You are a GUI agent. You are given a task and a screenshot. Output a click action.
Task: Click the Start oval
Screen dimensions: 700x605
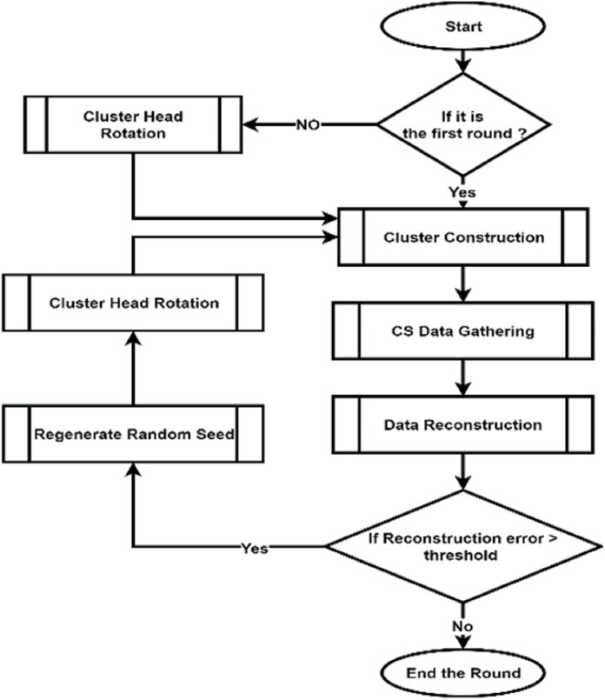pyautogui.click(x=463, y=26)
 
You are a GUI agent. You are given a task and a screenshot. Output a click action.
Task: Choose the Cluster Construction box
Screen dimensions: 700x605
pyautogui.click(x=463, y=236)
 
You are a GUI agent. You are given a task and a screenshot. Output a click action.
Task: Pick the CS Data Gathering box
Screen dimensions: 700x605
pyautogui.click(x=463, y=331)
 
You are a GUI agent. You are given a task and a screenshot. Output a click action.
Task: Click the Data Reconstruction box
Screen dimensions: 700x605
pyautogui.click(x=463, y=425)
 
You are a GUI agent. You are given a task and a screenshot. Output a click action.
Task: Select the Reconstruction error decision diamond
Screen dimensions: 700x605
pyautogui.click(x=463, y=546)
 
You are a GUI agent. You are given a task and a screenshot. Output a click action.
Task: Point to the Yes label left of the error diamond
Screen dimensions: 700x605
pyautogui.click(x=255, y=548)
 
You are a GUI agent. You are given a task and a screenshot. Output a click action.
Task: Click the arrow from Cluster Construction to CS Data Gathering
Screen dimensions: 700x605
pyautogui.click(x=463, y=282)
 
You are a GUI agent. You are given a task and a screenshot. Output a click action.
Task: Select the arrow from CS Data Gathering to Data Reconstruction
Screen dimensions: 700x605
pyautogui.click(x=463, y=377)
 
